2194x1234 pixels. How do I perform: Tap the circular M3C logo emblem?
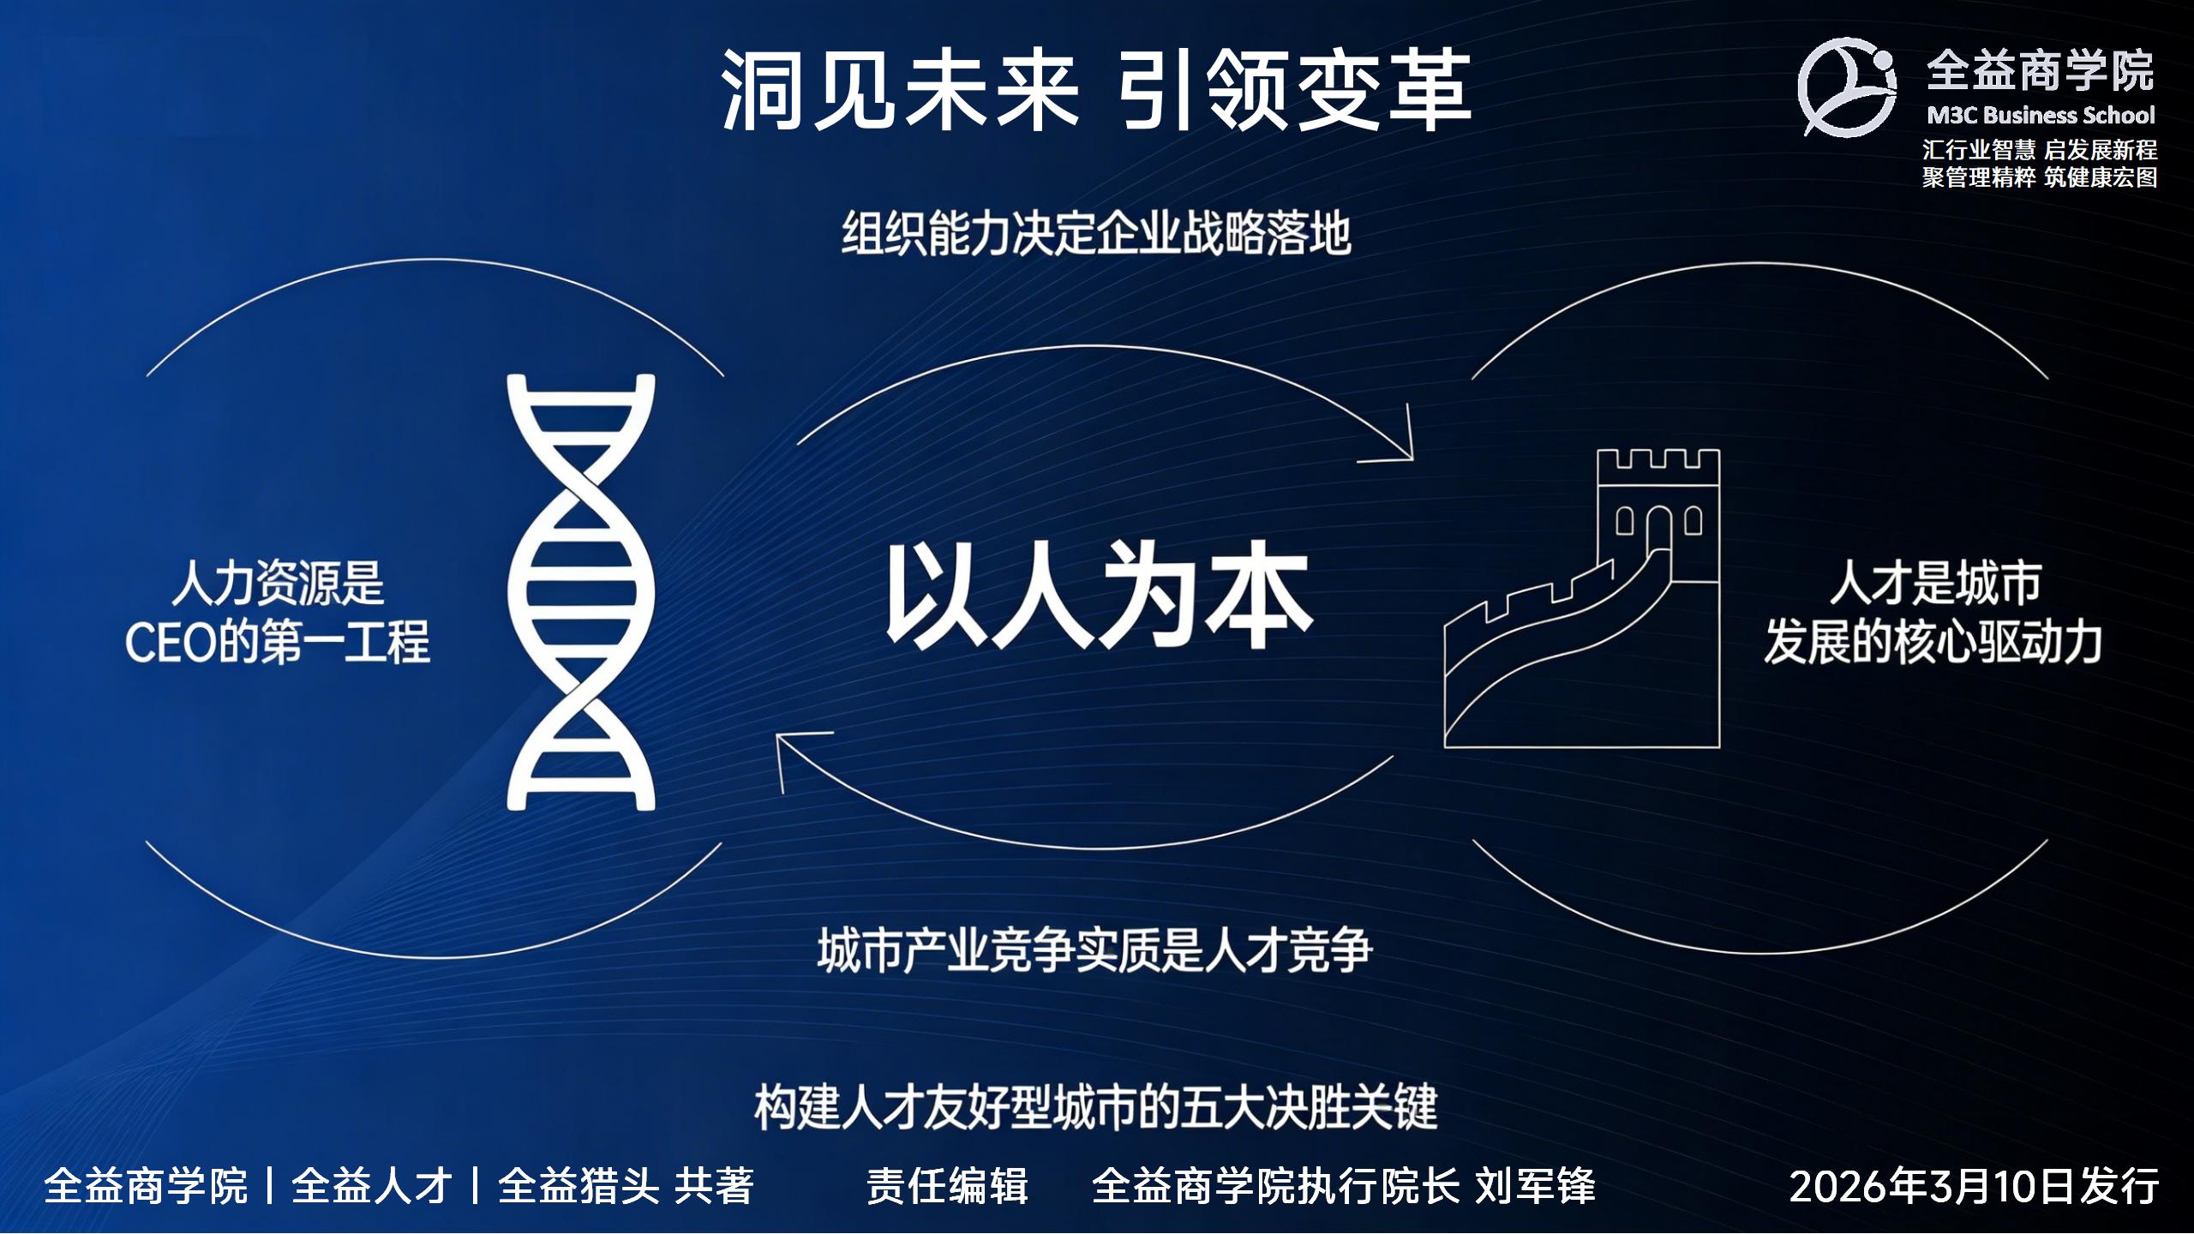point(1848,87)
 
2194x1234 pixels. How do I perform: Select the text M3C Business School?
point(2041,116)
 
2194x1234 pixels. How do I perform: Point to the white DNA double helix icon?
point(581,592)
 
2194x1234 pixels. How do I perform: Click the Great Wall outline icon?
point(1582,598)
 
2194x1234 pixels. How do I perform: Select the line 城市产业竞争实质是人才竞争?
point(1094,950)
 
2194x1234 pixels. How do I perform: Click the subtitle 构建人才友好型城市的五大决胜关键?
point(1095,1106)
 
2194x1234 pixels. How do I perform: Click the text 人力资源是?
point(278,583)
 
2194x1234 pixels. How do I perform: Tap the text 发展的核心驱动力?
point(1933,642)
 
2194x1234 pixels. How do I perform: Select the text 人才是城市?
point(1935,583)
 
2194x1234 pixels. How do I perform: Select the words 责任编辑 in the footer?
point(947,1187)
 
